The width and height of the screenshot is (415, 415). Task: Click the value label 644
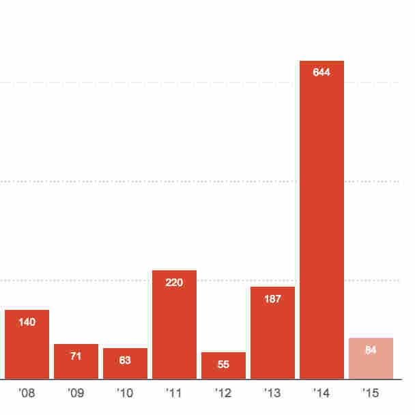(321, 72)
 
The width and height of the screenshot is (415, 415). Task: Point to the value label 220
(174, 282)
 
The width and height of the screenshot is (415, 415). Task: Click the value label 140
(27, 321)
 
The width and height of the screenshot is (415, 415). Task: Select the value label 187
(272, 298)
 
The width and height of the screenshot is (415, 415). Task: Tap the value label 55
(223, 364)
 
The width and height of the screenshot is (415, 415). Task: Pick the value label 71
(76, 356)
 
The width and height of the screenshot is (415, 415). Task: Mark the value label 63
(125, 360)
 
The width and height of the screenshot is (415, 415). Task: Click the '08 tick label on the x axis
(27, 394)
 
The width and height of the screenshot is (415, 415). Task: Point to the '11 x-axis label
(174, 394)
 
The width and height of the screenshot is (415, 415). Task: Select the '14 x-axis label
(321, 394)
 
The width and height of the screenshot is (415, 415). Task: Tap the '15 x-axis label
(371, 394)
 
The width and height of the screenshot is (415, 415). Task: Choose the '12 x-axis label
(223, 394)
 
